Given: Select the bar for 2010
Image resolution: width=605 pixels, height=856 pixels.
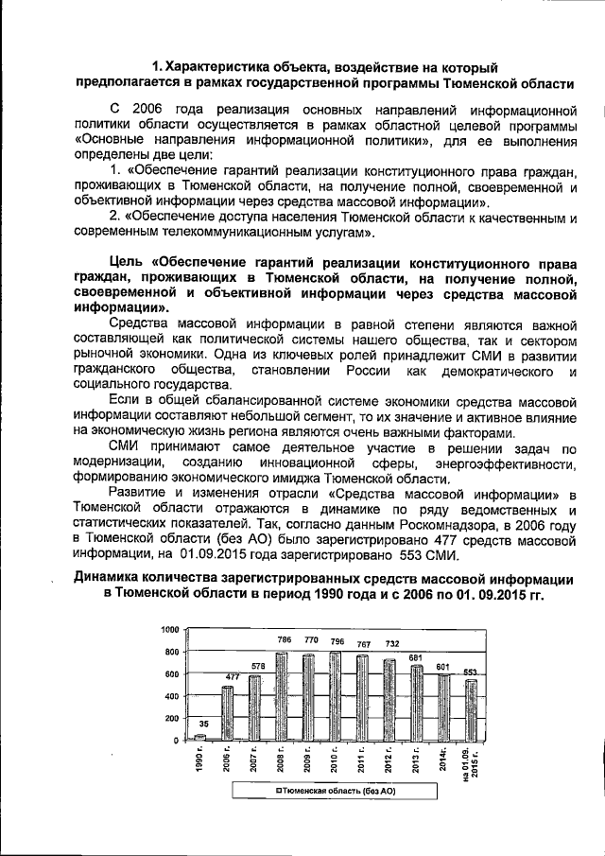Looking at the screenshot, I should pyautogui.click(x=336, y=696).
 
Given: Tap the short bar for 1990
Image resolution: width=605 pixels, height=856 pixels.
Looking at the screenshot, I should pyautogui.click(x=200, y=737).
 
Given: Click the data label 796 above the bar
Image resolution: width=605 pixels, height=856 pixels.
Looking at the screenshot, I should pyautogui.click(x=336, y=641).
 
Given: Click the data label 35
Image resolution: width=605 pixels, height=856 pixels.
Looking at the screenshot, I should pyautogui.click(x=204, y=724).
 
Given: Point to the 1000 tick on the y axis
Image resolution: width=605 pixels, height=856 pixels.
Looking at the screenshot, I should pyautogui.click(x=169, y=630).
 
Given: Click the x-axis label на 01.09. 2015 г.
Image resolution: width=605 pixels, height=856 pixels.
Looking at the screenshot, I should pyautogui.click(x=469, y=764).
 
